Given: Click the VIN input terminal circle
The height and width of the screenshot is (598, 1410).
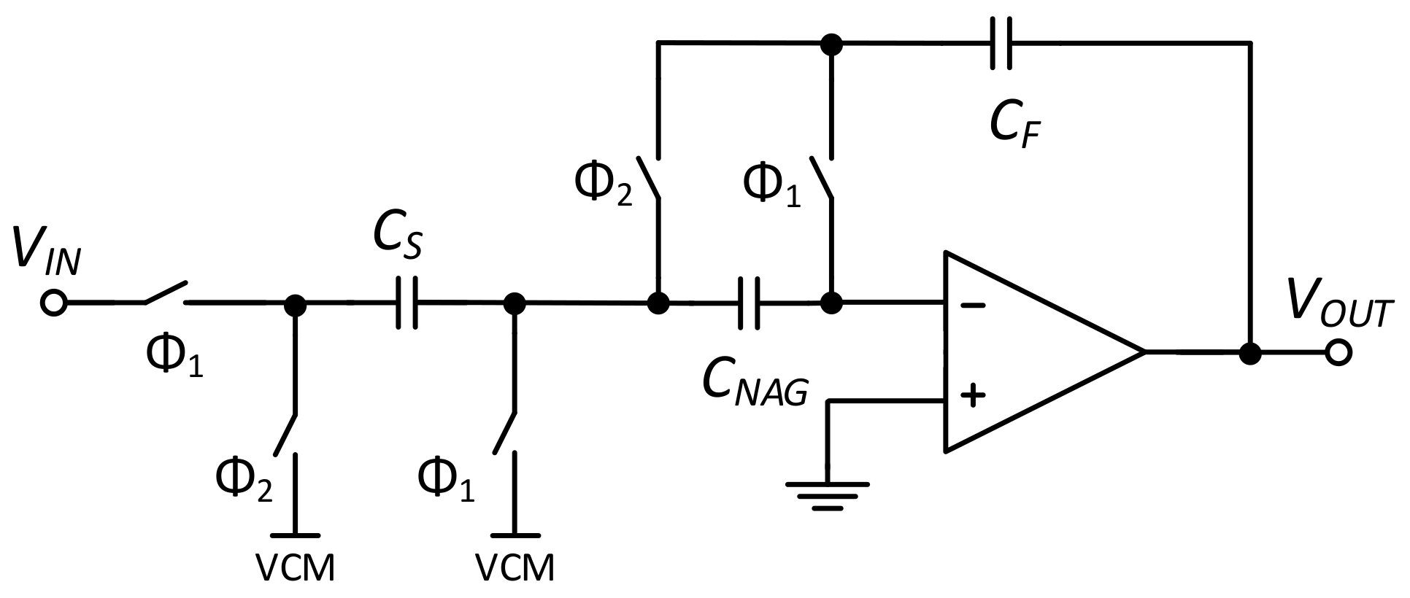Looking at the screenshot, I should (x=53, y=302).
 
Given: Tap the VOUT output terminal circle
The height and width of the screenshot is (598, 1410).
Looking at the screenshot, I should (x=1339, y=354).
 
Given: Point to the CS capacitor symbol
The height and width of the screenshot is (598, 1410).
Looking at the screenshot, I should (x=406, y=302).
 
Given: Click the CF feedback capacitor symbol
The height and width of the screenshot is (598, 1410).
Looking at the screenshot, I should (x=1001, y=44).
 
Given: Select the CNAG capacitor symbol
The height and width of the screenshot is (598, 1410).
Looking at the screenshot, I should (x=749, y=302).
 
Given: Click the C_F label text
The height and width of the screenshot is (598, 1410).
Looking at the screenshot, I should (x=1014, y=124).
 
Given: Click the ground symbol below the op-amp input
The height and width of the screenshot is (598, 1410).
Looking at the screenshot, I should (x=827, y=493).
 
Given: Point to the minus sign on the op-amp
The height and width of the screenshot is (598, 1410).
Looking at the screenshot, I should (x=972, y=305).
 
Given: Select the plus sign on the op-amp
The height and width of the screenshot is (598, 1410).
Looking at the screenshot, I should (x=972, y=396).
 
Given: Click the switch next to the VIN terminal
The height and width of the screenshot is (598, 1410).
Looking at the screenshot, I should (x=165, y=293).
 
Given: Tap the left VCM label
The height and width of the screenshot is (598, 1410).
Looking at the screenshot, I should (x=295, y=567).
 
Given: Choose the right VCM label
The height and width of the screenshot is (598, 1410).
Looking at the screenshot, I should (x=515, y=567).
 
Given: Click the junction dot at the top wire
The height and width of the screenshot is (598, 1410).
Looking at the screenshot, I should (x=831, y=44).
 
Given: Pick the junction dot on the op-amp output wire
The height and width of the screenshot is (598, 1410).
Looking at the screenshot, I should (x=1251, y=354).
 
